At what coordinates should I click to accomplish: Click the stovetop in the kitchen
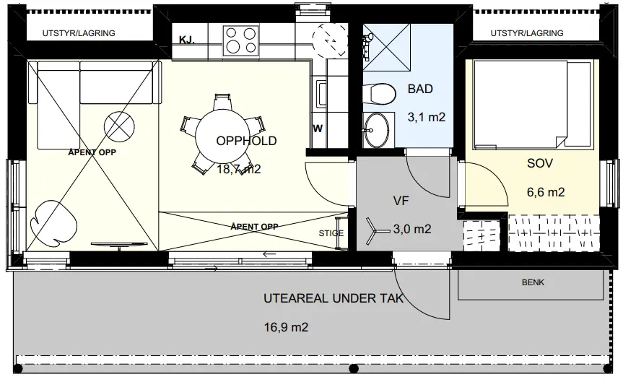click(x=240, y=40)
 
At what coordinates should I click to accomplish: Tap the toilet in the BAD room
click(x=380, y=94)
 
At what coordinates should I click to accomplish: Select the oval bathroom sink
click(x=376, y=130)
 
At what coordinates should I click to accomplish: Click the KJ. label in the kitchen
click(x=187, y=40)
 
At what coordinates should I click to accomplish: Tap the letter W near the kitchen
click(x=318, y=129)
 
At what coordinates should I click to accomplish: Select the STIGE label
click(x=331, y=233)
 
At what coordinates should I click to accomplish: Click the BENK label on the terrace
click(x=533, y=282)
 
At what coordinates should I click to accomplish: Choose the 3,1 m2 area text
click(x=427, y=117)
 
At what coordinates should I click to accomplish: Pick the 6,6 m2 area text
click(x=546, y=192)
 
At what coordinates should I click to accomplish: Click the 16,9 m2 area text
click(x=286, y=327)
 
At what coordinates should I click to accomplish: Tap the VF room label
click(x=401, y=201)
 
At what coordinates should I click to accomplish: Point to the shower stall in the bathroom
click(x=386, y=48)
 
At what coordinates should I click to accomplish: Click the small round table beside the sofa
click(x=119, y=127)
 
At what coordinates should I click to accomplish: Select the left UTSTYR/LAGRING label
click(x=79, y=33)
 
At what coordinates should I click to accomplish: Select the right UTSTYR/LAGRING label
click(x=527, y=33)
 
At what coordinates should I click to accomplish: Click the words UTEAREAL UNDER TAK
click(x=334, y=298)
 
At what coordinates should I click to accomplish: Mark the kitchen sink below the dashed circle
click(x=321, y=94)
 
